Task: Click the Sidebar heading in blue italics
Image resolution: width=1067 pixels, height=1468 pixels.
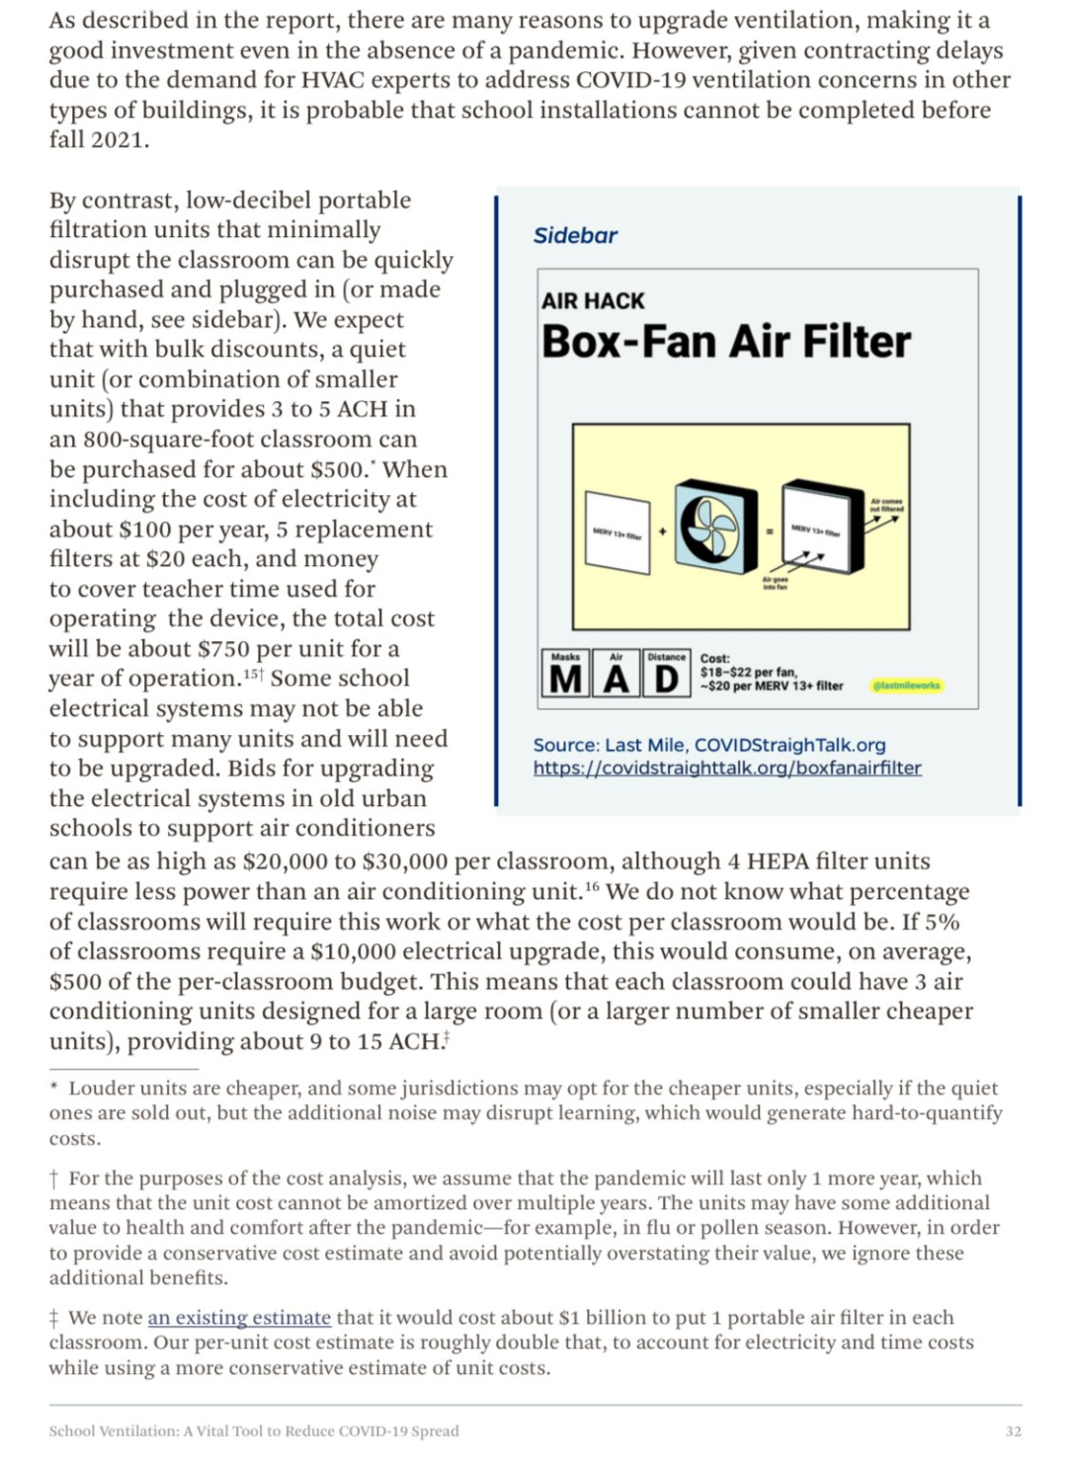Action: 575,235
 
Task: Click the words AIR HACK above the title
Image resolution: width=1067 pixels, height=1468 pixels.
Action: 593,300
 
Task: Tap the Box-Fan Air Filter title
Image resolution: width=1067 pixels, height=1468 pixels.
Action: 726,342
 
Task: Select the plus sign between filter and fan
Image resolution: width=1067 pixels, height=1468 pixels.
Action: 663,531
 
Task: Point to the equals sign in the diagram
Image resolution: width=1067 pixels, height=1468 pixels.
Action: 770,531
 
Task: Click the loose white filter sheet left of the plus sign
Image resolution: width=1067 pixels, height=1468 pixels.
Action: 617,531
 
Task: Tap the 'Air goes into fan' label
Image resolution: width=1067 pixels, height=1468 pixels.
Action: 775,583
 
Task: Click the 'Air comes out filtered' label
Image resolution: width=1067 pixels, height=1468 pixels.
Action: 885,505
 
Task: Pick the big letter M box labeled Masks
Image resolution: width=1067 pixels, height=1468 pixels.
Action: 566,674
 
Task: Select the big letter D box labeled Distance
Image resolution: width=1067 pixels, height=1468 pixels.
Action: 667,674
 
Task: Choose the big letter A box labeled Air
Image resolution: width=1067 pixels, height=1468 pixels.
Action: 616,674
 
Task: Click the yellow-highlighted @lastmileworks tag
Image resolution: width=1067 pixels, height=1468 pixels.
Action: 907,685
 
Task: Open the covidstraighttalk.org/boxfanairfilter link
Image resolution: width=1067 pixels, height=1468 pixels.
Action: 727,768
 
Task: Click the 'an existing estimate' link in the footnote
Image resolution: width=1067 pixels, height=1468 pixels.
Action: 239,1317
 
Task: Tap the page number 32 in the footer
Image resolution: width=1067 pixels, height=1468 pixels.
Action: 1013,1430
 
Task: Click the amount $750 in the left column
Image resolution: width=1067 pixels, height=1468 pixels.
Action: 223,649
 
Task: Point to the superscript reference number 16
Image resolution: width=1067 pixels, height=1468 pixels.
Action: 592,886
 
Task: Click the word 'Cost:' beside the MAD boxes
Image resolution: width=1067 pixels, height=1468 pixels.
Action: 715,658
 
